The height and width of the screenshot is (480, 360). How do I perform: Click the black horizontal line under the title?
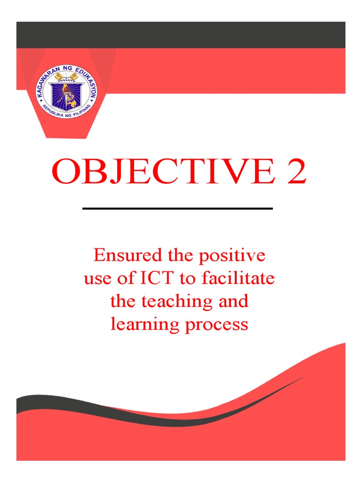(x=178, y=208)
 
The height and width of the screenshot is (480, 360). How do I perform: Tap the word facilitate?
(x=238, y=278)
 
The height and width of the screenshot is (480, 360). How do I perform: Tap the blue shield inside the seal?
(x=66, y=93)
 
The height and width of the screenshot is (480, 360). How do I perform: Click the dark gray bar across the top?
(x=180, y=35)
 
